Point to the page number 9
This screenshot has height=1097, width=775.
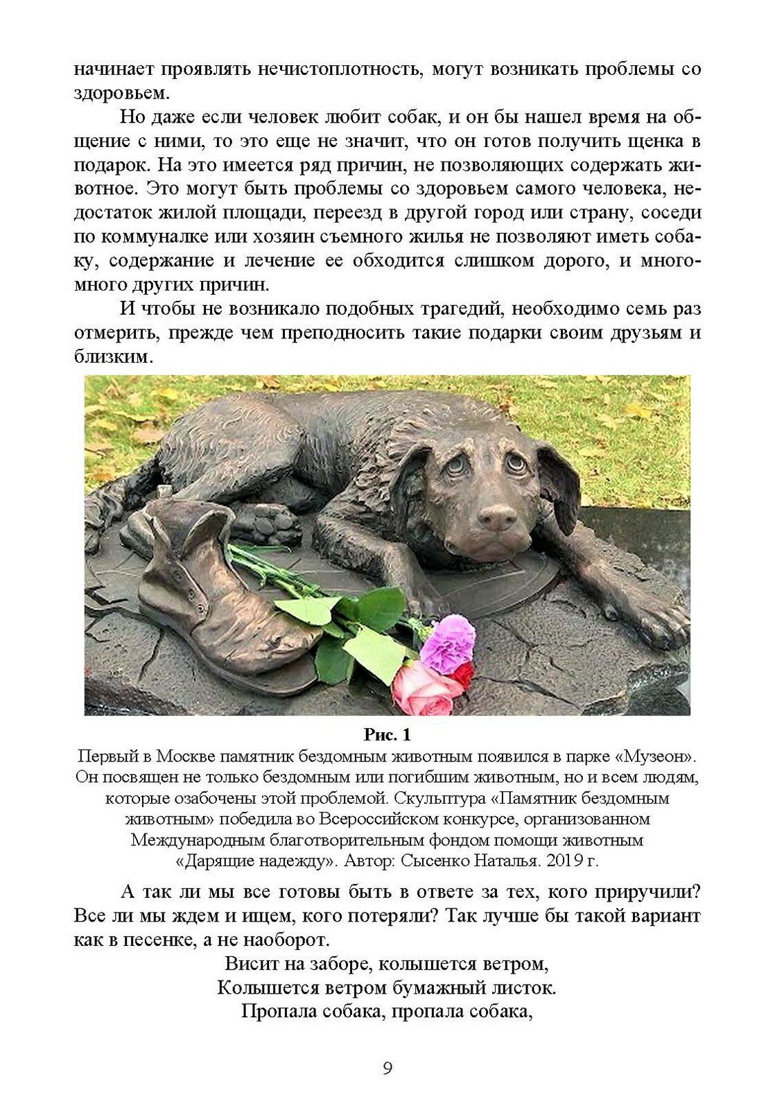387,1067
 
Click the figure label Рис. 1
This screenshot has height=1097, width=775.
387,734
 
